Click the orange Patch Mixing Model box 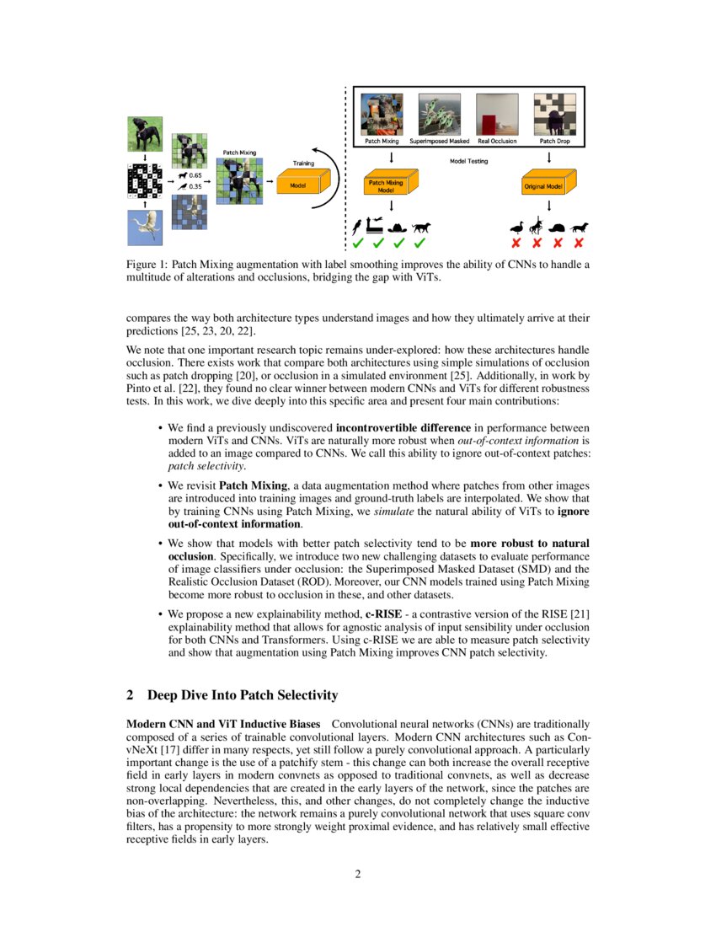(387, 186)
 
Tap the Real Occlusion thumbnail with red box (497, 114)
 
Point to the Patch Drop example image (554, 114)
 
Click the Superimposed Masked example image (439, 114)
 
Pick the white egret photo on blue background (144, 228)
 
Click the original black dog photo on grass (144, 133)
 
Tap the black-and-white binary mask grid (144, 180)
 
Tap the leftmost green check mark (358, 244)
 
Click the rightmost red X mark (579, 244)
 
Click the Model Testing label (470, 161)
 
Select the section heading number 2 (131, 695)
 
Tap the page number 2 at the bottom (358, 873)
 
